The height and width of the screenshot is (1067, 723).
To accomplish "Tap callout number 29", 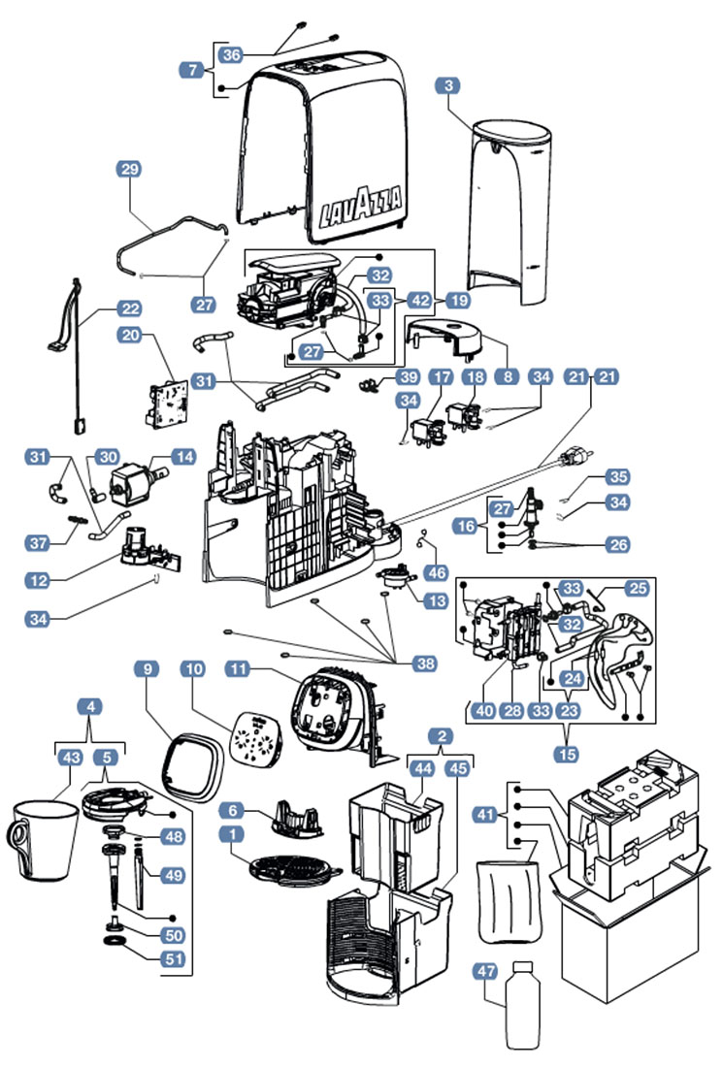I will (x=129, y=169).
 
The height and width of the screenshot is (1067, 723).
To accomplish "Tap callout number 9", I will (x=148, y=668).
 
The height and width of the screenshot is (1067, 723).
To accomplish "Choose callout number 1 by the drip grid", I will (x=231, y=833).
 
